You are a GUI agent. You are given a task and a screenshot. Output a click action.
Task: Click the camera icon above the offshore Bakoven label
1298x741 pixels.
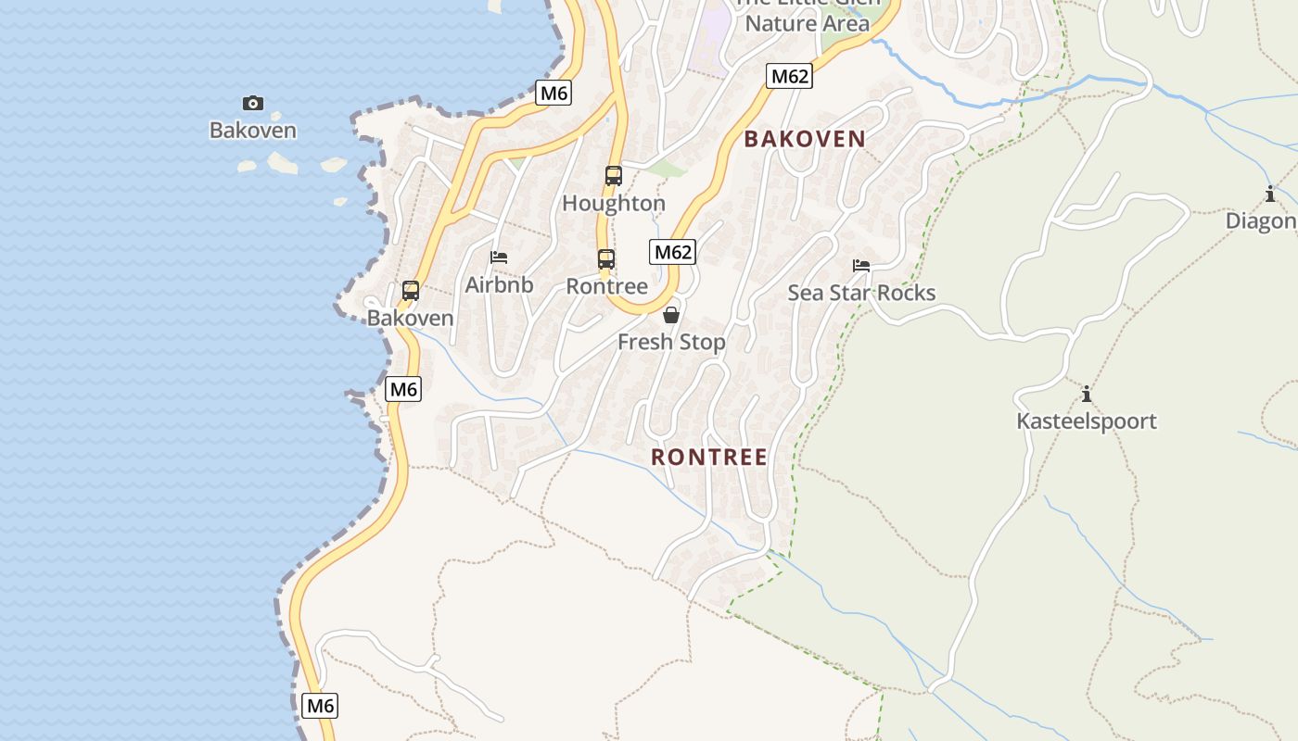[x=252, y=103]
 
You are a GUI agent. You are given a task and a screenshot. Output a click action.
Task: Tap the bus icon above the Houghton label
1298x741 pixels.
[x=613, y=176]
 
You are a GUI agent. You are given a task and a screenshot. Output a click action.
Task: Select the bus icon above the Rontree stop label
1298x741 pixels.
[x=606, y=259]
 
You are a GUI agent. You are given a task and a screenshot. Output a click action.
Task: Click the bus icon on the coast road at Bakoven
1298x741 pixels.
[x=411, y=291]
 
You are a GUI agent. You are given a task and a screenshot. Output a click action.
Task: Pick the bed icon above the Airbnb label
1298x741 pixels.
[x=499, y=257]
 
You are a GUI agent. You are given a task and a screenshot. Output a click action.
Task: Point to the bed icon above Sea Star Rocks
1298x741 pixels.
[x=861, y=266]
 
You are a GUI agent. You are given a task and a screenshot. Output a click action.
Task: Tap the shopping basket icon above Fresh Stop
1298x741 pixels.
[x=671, y=315]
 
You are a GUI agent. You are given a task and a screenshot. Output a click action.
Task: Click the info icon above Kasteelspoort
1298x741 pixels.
[x=1087, y=395]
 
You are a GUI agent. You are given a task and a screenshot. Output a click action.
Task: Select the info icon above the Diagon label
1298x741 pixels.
[x=1269, y=195]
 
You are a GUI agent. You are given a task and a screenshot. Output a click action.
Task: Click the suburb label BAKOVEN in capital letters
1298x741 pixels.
[x=805, y=139]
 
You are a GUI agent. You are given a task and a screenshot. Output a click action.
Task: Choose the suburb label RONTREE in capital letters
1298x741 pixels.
[x=709, y=457]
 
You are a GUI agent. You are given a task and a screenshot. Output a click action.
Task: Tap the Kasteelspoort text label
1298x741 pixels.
[x=1087, y=421]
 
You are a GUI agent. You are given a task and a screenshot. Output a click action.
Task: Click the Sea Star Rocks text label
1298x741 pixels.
[x=861, y=293]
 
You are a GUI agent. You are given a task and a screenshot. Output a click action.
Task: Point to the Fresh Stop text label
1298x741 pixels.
[x=671, y=342]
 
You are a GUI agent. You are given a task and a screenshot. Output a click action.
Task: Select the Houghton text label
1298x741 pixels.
[x=614, y=203]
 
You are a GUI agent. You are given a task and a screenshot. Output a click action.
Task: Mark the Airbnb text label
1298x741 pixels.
[x=499, y=284]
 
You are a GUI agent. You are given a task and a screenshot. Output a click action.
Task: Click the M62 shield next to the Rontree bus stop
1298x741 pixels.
[x=673, y=252]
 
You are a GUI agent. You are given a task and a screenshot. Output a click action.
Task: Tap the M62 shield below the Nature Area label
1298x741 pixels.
[x=790, y=76]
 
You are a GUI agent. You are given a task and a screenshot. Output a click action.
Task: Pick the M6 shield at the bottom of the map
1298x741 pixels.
[x=320, y=706]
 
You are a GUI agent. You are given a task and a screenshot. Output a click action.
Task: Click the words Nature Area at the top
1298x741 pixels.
[x=808, y=23]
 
